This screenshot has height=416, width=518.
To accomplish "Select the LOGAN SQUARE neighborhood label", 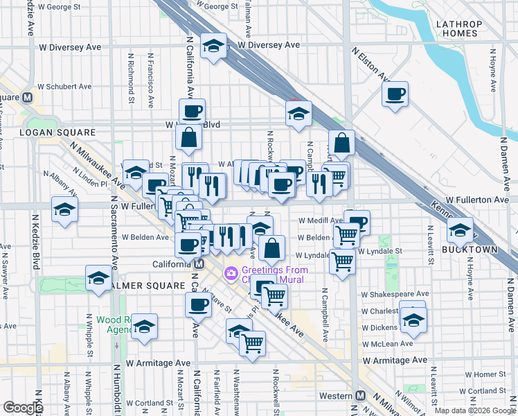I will (x=48, y=132).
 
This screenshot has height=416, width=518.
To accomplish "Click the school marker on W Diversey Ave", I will (x=213, y=47).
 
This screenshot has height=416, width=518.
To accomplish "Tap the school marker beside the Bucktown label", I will (x=459, y=229).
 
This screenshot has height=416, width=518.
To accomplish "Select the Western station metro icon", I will (x=360, y=395).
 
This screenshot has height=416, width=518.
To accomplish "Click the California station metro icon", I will (x=199, y=264).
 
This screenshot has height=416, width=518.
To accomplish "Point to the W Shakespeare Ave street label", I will (x=394, y=294).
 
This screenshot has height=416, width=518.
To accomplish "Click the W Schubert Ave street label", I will (x=64, y=87).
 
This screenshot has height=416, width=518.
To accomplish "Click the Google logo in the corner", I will (x=23, y=408).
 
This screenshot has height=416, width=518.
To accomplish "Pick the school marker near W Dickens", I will (x=413, y=320).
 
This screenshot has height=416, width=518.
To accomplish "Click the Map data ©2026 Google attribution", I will (x=474, y=410).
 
